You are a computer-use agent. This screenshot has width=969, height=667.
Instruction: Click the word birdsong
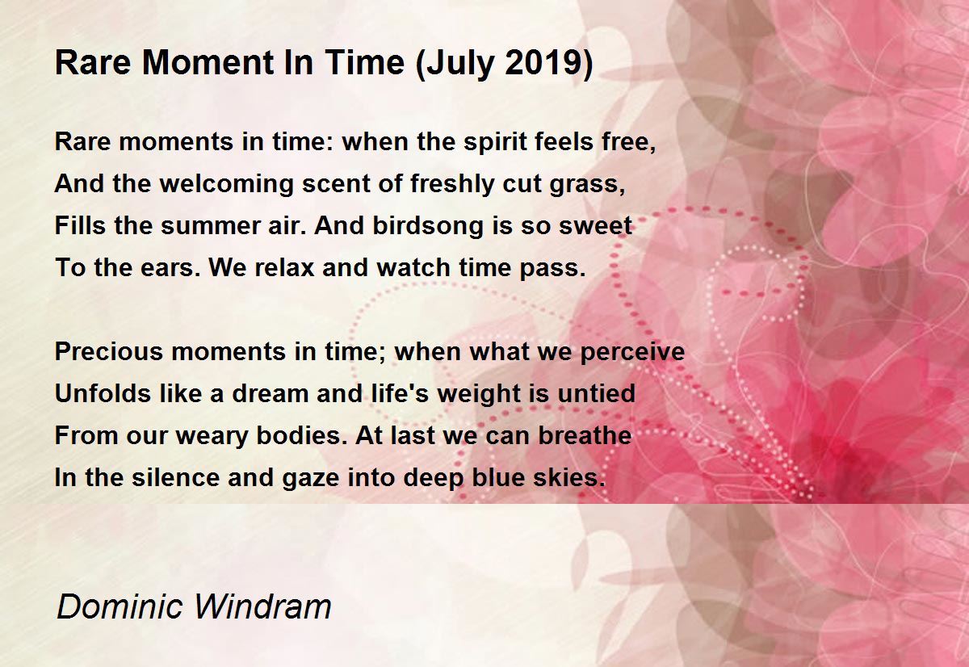click(x=427, y=227)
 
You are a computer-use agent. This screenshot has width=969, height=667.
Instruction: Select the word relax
click(x=284, y=268)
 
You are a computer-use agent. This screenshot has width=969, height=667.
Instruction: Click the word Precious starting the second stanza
click(x=108, y=351)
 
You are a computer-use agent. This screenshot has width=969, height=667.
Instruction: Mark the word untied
click(x=596, y=393)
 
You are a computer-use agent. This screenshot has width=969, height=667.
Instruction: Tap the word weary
click(x=212, y=436)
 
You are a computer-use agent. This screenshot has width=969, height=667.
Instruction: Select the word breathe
click(x=585, y=435)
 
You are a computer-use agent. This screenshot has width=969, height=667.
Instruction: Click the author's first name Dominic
click(x=120, y=606)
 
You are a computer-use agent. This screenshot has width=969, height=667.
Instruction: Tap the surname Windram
click(x=263, y=606)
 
